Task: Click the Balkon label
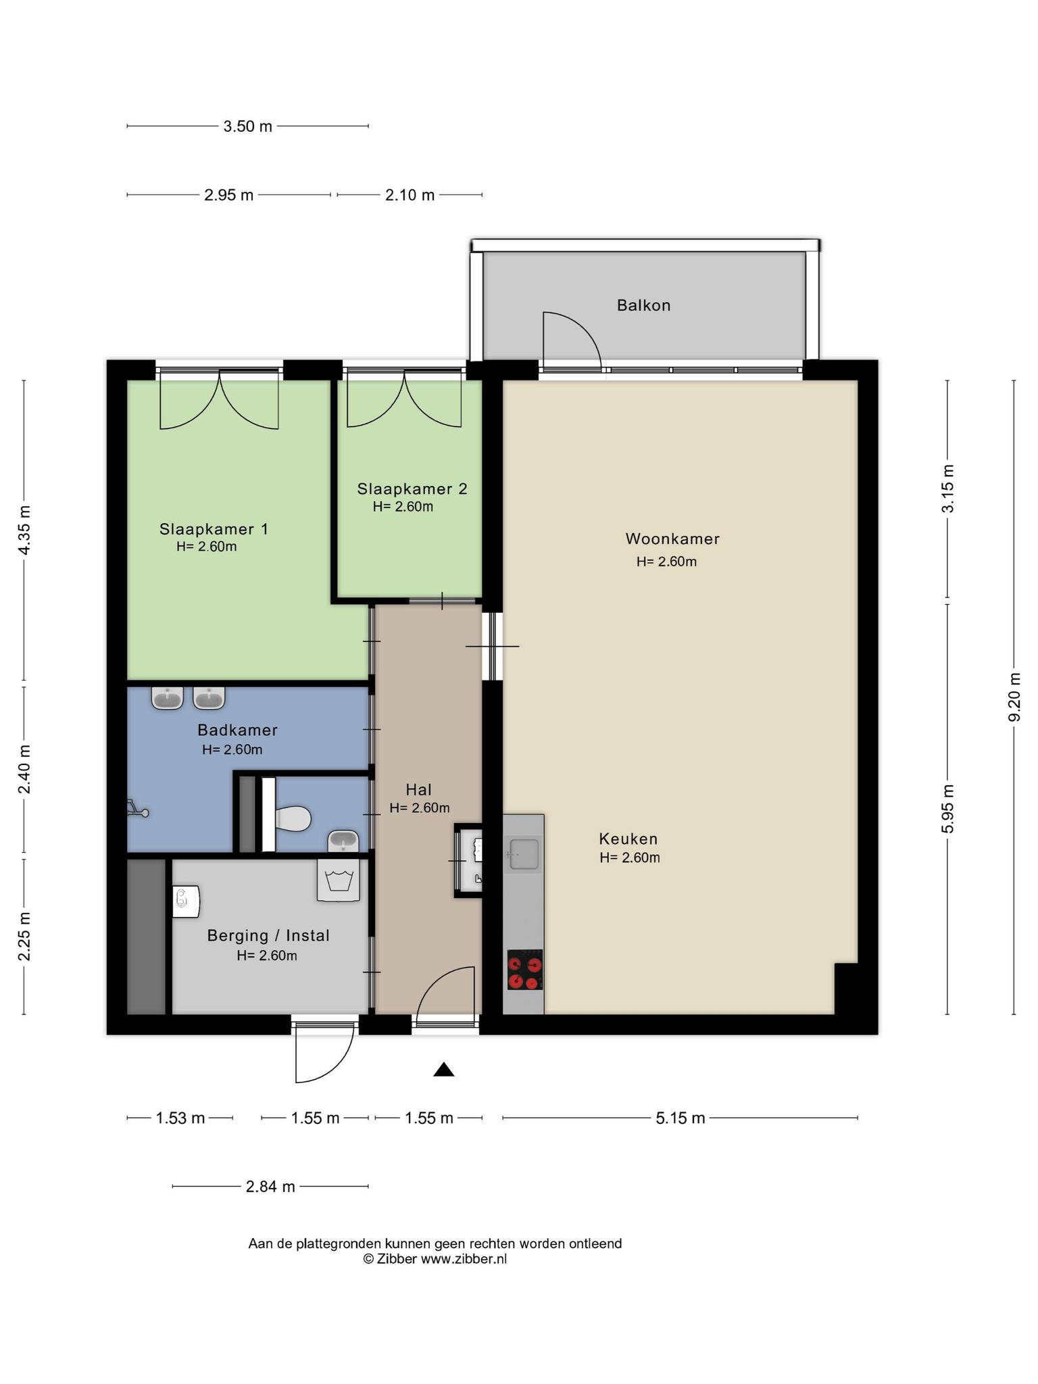click(643, 305)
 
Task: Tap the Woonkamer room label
click(672, 539)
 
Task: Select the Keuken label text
click(628, 839)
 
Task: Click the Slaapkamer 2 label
click(412, 489)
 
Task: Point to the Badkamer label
click(237, 731)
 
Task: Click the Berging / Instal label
click(268, 936)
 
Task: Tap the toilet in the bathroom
click(293, 818)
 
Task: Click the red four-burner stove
click(525, 970)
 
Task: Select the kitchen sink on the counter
click(524, 854)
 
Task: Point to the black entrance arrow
click(443, 1069)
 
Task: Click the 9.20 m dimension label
click(1014, 697)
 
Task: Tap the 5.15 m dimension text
click(680, 1118)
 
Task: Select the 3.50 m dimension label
click(247, 126)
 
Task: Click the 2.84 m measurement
click(270, 1187)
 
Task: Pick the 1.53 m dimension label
click(180, 1118)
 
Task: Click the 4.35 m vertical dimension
click(24, 530)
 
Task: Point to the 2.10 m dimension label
click(410, 195)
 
